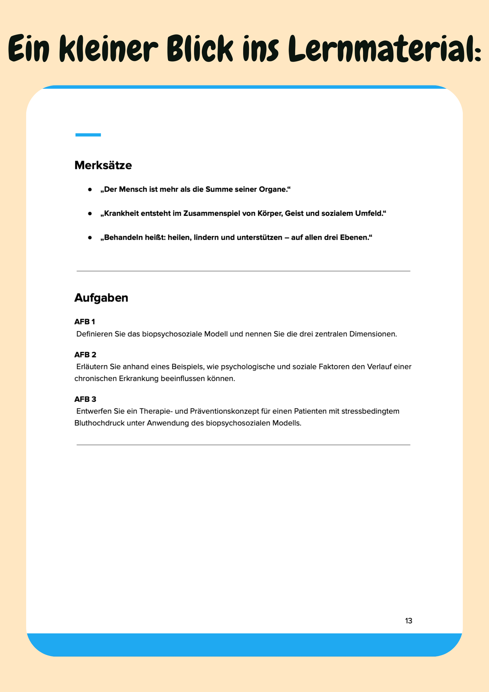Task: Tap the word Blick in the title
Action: [x=200, y=49]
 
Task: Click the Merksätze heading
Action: [x=103, y=166]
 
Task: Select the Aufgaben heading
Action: [x=101, y=298]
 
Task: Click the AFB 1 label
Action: [x=85, y=322]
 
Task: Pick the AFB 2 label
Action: [x=85, y=355]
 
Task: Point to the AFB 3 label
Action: [x=85, y=399]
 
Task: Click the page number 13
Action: [x=409, y=621]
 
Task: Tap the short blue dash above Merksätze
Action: [x=88, y=135]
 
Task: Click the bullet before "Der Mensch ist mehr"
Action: [x=90, y=190]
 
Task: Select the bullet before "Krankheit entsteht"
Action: [x=90, y=213]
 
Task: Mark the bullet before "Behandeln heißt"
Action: [x=90, y=238]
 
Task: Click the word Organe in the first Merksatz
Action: [x=273, y=189]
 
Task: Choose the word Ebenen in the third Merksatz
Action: [x=354, y=237]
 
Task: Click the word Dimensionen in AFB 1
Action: [x=373, y=334]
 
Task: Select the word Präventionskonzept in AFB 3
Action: [x=225, y=411]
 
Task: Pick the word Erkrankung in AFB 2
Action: [x=139, y=379]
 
